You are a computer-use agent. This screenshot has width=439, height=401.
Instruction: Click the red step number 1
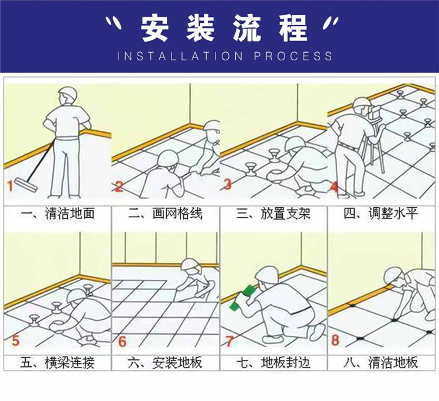pos(10,187)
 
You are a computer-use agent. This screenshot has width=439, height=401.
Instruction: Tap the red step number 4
pos(335,187)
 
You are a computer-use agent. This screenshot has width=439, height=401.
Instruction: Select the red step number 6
pos(122,340)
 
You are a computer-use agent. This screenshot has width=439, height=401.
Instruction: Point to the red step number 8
pos(335,340)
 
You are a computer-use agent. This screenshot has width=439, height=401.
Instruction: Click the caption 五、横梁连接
pos(57,362)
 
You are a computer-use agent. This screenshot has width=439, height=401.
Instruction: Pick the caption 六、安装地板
pos(165,362)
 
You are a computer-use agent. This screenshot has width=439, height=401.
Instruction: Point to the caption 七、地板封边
pos(274,362)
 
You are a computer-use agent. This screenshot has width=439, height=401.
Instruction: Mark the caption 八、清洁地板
pos(381,362)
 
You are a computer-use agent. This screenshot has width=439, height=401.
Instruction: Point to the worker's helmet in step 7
pos(268,275)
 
